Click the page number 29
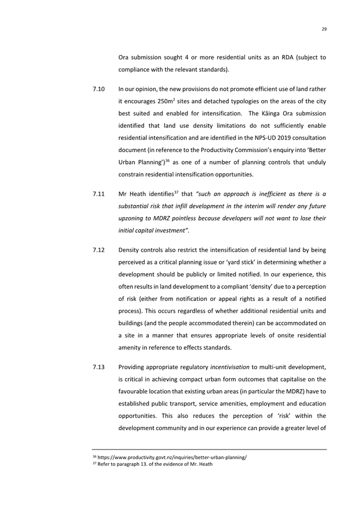(x=324, y=29)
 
